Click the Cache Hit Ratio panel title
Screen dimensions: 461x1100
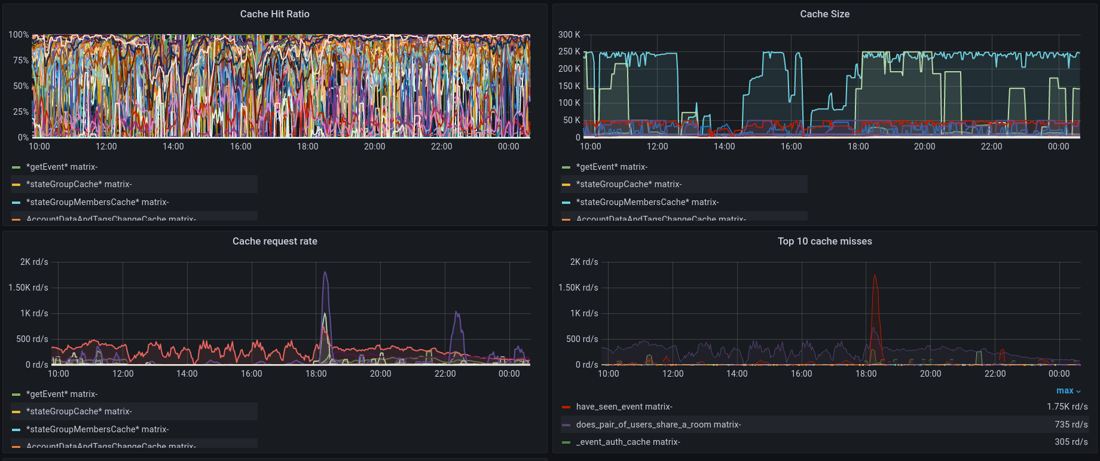(274, 14)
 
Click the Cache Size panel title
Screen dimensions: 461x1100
(824, 14)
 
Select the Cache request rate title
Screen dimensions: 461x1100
(274, 241)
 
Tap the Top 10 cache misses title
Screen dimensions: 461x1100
(824, 241)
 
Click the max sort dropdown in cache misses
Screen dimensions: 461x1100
(1068, 390)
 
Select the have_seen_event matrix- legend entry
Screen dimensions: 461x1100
(624, 407)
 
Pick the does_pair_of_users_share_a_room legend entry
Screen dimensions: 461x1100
(658, 425)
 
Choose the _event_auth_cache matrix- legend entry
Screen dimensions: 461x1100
(628, 442)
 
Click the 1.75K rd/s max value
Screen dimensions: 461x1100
(1067, 407)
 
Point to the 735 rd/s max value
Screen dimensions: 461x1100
(1071, 425)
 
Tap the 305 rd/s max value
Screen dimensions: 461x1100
(1071, 442)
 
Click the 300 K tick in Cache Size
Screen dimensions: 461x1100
(569, 35)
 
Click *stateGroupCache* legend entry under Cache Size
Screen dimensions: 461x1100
(629, 184)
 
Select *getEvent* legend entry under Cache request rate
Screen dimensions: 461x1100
(62, 394)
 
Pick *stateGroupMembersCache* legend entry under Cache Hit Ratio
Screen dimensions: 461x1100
(97, 202)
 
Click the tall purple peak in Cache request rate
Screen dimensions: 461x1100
(325, 273)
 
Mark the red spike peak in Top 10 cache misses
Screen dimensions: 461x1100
(875, 276)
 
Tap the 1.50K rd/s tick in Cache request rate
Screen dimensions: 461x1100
(28, 288)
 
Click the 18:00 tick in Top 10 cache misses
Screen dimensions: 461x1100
(866, 374)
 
